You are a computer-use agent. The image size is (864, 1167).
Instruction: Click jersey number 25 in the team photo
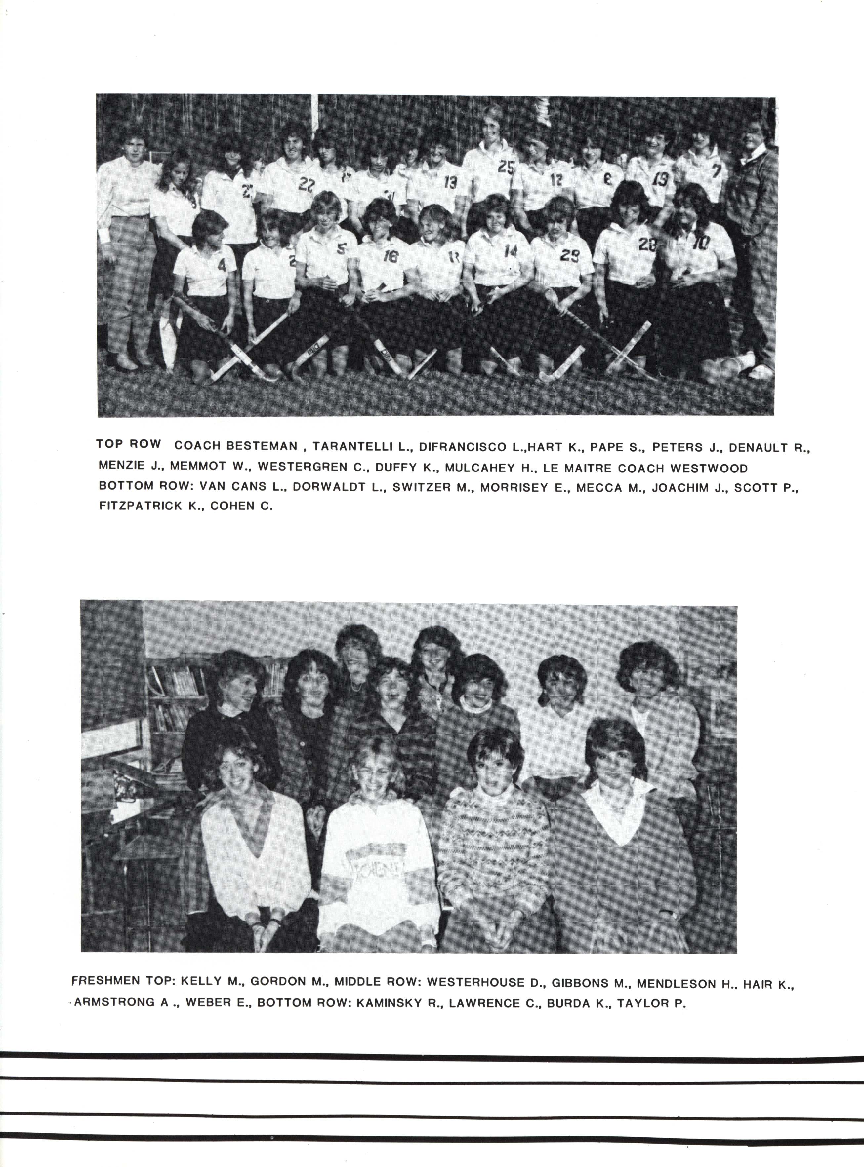coord(506,167)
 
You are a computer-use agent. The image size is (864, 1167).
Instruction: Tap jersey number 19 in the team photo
coord(660,179)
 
